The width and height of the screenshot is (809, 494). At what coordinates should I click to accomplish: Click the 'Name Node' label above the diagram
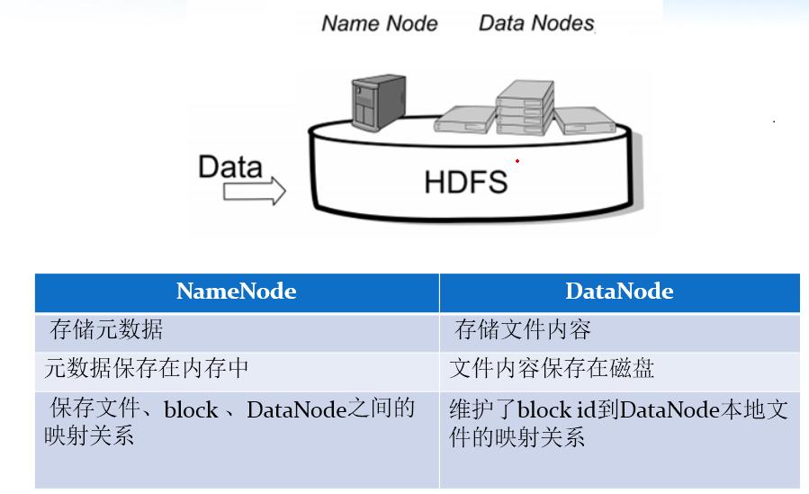[x=379, y=23]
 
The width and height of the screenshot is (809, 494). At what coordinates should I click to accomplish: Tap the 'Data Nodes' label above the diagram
[x=536, y=23]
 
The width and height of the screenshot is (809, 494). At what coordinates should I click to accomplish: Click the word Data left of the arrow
[x=230, y=167]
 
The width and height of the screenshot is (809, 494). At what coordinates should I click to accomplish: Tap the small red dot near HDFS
[x=517, y=161]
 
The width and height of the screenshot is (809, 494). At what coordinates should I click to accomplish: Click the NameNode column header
[x=237, y=292]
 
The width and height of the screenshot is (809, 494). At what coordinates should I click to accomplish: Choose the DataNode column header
[x=619, y=292]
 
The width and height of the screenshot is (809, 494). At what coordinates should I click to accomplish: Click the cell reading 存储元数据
[x=106, y=330]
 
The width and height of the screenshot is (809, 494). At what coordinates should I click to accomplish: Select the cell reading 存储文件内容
[x=522, y=330]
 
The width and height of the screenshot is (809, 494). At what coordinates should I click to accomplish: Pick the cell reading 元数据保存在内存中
[x=147, y=369]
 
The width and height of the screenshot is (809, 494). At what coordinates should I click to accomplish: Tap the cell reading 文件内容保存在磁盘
[x=552, y=369]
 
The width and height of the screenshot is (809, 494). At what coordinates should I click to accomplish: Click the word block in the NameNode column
[x=191, y=411]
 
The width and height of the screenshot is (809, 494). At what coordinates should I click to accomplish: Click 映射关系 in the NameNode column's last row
[x=88, y=437]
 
